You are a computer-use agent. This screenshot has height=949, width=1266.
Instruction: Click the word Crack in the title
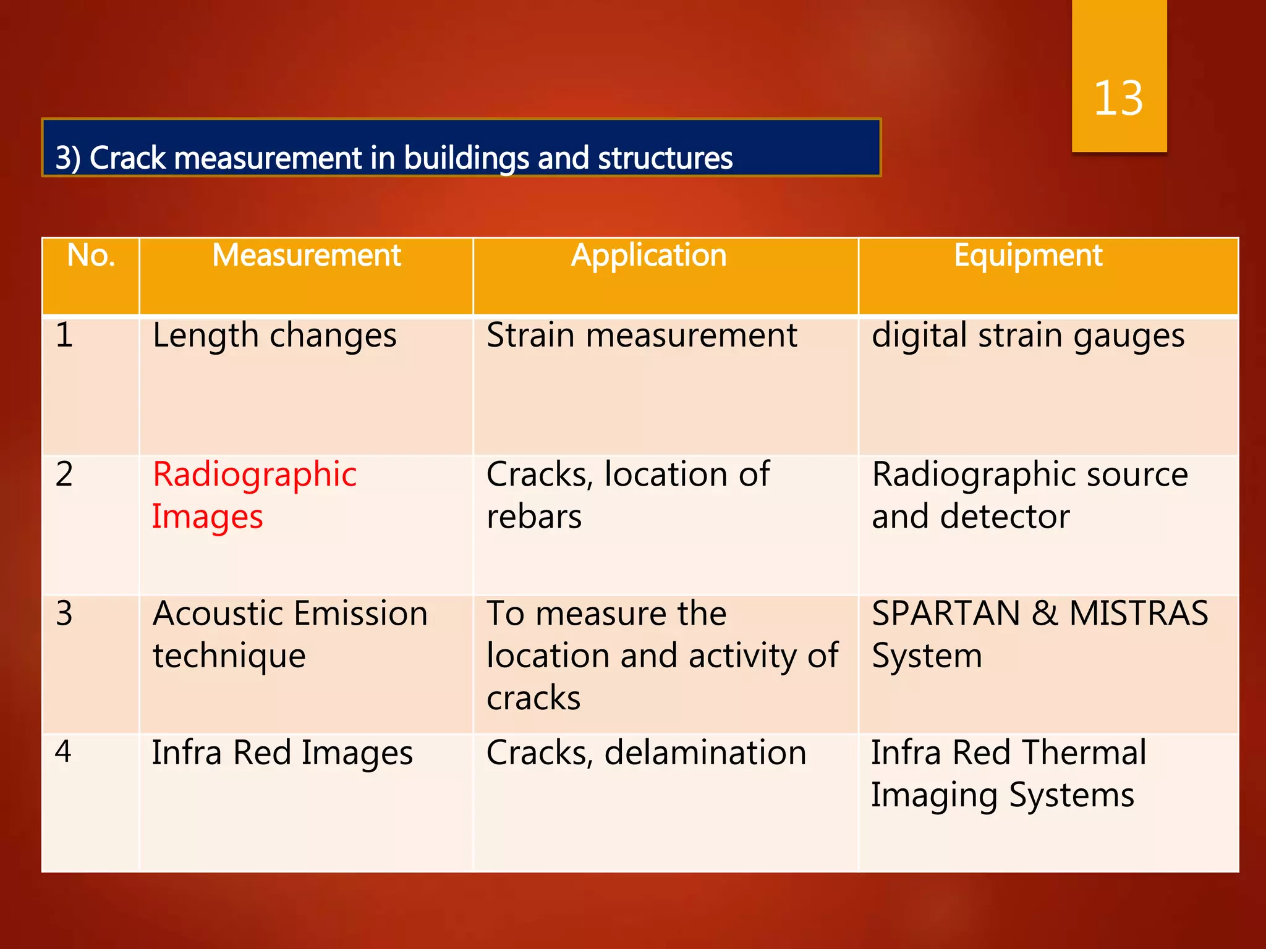pyautogui.click(x=127, y=158)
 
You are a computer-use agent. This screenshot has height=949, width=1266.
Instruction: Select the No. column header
pyautogui.click(x=91, y=256)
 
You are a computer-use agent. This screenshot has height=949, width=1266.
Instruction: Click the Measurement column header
pyautogui.click(x=307, y=256)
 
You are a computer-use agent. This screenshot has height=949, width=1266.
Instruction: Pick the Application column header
pyautogui.click(x=648, y=256)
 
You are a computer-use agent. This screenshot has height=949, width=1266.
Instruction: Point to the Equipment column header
pyautogui.click(x=1028, y=256)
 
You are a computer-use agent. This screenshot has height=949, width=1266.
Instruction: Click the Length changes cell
pyautogui.click(x=274, y=337)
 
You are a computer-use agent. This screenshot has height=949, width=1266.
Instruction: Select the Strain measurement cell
pyautogui.click(x=642, y=336)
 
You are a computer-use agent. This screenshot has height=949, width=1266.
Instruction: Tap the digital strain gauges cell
pyautogui.click(x=1027, y=337)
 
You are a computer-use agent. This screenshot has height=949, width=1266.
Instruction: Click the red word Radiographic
pyautogui.click(x=255, y=476)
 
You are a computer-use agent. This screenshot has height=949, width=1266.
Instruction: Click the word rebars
pyautogui.click(x=534, y=517)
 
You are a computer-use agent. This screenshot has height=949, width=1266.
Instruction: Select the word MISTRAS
pyautogui.click(x=1138, y=614)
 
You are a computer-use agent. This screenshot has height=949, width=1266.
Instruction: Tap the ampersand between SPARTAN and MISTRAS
pyautogui.click(x=1044, y=614)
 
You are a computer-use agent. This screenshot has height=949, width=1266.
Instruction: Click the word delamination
pyautogui.click(x=705, y=753)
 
